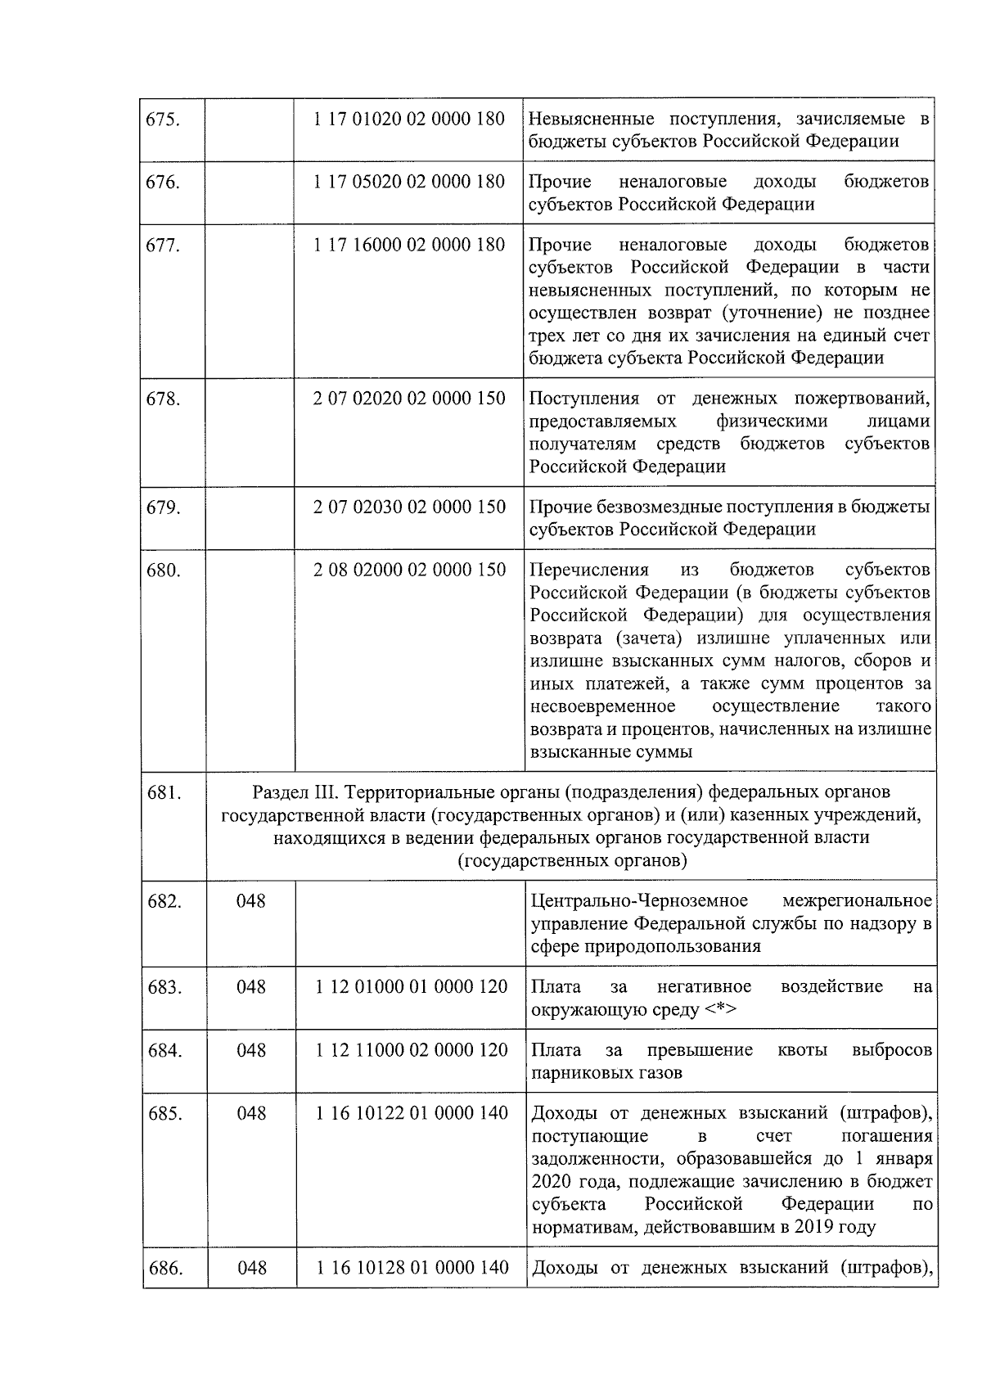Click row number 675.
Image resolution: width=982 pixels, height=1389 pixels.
click(163, 120)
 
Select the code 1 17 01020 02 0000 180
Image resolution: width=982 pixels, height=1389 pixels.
click(409, 119)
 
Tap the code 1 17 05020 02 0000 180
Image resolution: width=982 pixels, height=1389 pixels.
click(409, 182)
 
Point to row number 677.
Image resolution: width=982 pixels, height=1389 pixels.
click(163, 245)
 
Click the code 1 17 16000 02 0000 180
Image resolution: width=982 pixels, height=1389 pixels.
click(409, 245)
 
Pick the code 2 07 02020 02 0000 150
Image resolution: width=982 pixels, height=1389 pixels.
click(409, 399)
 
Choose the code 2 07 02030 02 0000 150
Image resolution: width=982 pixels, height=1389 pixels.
click(409, 507)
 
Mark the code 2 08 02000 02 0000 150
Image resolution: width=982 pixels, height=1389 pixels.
click(409, 570)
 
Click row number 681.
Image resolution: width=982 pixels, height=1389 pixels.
click(164, 792)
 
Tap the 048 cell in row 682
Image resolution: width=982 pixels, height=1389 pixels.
click(251, 901)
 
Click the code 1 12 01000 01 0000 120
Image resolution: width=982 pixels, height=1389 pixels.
click(411, 987)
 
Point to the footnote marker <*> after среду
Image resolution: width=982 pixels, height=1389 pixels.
click(720, 1010)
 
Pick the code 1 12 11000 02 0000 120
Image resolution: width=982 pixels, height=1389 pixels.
click(411, 1050)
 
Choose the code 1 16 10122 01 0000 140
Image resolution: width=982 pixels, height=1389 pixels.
click(411, 1113)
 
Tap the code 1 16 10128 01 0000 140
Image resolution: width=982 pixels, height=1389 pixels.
click(411, 1269)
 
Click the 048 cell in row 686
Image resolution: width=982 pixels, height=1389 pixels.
click(251, 1269)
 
